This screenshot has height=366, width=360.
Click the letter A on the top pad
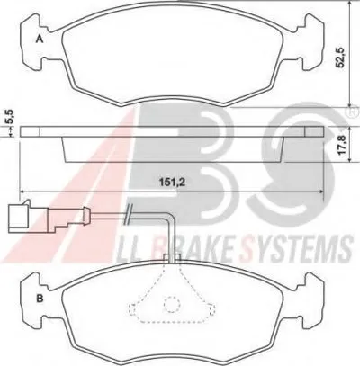(40, 40)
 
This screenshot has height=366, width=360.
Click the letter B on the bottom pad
(40, 299)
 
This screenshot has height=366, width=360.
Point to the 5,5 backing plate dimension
(10, 117)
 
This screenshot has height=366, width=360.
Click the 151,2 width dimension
(171, 183)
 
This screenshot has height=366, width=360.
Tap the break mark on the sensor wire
(128, 214)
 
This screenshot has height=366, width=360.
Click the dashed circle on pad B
(172, 304)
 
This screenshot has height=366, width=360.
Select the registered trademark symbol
(355, 112)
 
